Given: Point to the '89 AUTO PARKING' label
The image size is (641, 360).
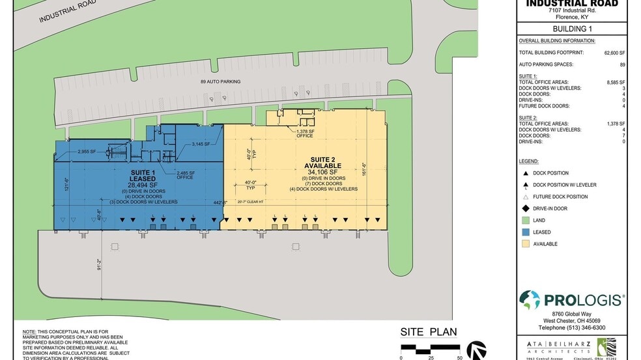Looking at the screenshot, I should pyautogui.click(x=220, y=82).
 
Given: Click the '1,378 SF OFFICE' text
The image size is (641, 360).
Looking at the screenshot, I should pyautogui.click(x=306, y=133).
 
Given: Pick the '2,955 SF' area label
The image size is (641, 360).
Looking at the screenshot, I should pyautogui.click(x=87, y=152).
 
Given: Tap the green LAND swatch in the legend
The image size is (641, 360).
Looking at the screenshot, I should pyautogui.click(x=525, y=220).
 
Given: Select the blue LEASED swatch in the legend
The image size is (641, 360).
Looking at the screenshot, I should pyautogui.click(x=525, y=232).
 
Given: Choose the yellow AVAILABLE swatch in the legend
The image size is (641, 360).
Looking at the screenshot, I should pyautogui.click(x=525, y=244).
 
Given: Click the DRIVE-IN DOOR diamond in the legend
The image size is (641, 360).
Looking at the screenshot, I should pyautogui.click(x=525, y=208).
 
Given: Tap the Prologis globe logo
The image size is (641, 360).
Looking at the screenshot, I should pyautogui.click(x=530, y=300).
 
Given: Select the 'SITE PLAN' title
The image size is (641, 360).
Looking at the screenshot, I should pyautogui.click(x=429, y=332).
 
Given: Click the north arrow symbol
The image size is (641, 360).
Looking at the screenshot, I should pyautogui.click(x=477, y=350).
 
